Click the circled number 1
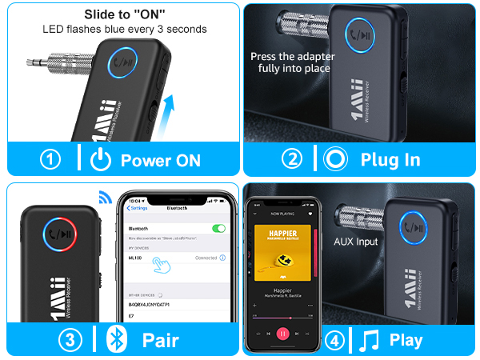(x=51, y=159)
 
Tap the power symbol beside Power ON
(x=101, y=159)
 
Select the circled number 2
(x=294, y=159)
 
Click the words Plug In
(x=390, y=159)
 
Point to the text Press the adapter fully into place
(x=292, y=62)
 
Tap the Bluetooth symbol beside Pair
(x=118, y=340)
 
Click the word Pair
(x=160, y=340)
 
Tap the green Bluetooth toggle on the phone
(x=218, y=228)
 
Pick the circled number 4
(x=336, y=340)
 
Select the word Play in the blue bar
(x=406, y=340)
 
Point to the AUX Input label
(x=356, y=242)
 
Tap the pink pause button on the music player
(x=283, y=333)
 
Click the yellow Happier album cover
(x=283, y=257)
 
